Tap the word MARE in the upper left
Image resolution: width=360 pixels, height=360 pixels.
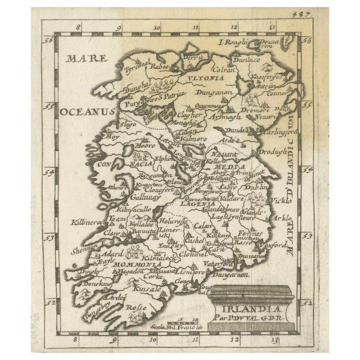(x=82, y=57)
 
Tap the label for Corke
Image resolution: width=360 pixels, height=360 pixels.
(x=154, y=276)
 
